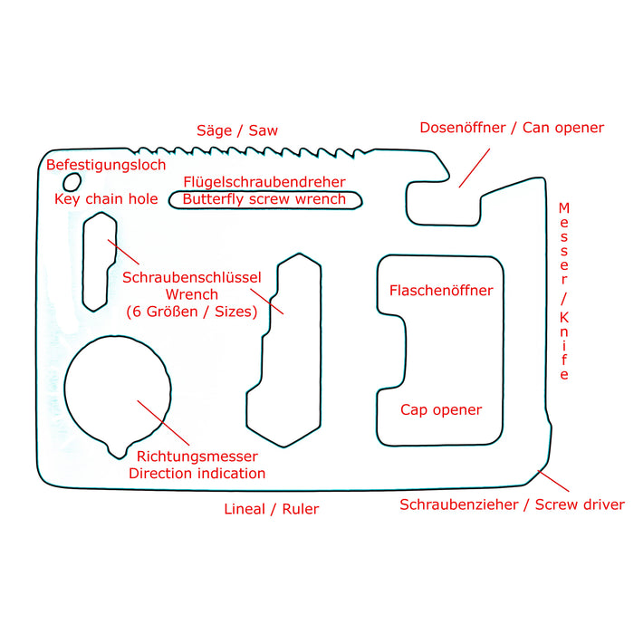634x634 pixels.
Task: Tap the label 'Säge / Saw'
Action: (237, 130)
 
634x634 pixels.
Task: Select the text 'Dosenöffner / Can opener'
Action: (511, 128)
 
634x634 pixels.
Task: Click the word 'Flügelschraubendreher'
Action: (264, 182)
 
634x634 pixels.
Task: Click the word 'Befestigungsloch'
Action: (106, 165)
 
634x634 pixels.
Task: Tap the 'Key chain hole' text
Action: (106, 199)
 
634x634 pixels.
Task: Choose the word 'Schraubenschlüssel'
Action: (191, 277)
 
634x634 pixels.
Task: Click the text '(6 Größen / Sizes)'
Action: (191, 312)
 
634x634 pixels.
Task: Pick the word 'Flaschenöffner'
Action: (441, 291)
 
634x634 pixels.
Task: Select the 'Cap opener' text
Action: (441, 410)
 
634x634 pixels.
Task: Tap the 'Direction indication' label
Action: (197, 474)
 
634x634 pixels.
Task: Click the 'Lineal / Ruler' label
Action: (272, 509)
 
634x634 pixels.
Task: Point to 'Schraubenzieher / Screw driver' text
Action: (512, 504)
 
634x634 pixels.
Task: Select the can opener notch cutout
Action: (442, 205)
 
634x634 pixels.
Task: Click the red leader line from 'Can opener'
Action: (474, 167)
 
